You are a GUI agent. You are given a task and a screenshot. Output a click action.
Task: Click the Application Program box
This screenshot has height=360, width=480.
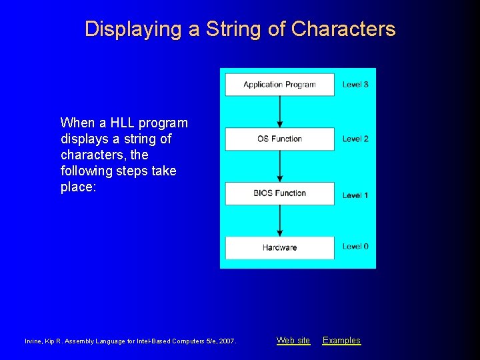(279, 85)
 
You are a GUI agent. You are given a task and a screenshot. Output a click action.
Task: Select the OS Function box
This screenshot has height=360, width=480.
(279, 139)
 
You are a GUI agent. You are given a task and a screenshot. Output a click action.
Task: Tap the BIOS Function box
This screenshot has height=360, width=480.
(279, 193)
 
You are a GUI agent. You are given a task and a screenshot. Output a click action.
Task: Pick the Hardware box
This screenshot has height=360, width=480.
(279, 247)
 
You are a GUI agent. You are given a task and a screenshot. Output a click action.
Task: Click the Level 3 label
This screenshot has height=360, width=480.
(355, 85)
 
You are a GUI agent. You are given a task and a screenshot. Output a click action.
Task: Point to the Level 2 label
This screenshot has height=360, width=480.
(355, 139)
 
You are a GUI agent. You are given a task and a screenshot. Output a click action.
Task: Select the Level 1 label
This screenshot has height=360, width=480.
(355, 195)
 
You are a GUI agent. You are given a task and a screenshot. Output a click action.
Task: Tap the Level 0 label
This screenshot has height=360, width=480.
(355, 247)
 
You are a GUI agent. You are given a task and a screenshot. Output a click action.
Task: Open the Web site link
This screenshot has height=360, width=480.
(293, 341)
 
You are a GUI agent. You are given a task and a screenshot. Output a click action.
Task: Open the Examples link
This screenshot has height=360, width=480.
(341, 341)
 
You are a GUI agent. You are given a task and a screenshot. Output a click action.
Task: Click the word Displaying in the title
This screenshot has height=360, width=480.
(124, 29)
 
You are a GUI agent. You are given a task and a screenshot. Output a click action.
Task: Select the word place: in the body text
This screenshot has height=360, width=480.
(79, 187)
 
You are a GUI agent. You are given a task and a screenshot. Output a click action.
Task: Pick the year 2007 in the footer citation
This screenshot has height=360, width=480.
(226, 341)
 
